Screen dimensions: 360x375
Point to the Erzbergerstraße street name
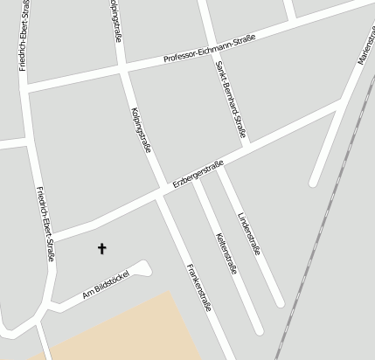click(x=198, y=173)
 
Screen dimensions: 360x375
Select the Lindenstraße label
click(x=250, y=232)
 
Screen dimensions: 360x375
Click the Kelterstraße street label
click(x=226, y=253)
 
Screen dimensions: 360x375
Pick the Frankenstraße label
click(x=198, y=286)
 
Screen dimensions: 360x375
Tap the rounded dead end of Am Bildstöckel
click(x=145, y=266)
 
